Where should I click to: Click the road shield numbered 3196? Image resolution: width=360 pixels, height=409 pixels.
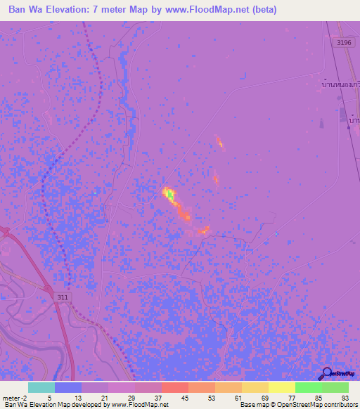click(344, 43)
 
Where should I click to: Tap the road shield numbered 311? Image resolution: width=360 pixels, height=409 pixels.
click(63, 297)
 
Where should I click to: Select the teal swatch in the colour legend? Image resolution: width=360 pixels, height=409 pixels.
click(41, 387)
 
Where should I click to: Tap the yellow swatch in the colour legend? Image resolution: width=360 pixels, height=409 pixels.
click(281, 387)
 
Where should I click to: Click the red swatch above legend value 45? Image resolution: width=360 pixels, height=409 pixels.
click(174, 387)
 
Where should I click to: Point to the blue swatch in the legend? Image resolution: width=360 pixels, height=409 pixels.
click(68, 387)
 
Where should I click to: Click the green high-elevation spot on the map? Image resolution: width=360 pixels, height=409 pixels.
click(169, 193)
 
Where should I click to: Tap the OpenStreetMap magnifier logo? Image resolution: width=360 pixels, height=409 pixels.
click(328, 372)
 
